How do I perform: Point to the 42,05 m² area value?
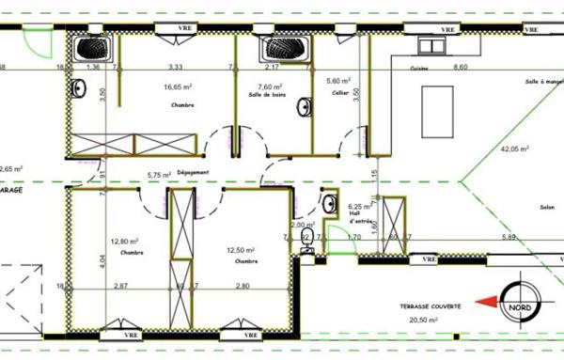(x=513, y=149)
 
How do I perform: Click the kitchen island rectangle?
(x=434, y=102)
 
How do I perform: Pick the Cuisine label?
(x=419, y=70)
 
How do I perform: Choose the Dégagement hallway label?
(x=190, y=172)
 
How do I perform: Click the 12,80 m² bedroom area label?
(x=124, y=241)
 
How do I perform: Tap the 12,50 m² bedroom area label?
(x=242, y=249)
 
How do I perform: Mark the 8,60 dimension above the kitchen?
(x=460, y=68)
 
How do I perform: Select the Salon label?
(x=520, y=208)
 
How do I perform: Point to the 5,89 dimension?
(x=509, y=237)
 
